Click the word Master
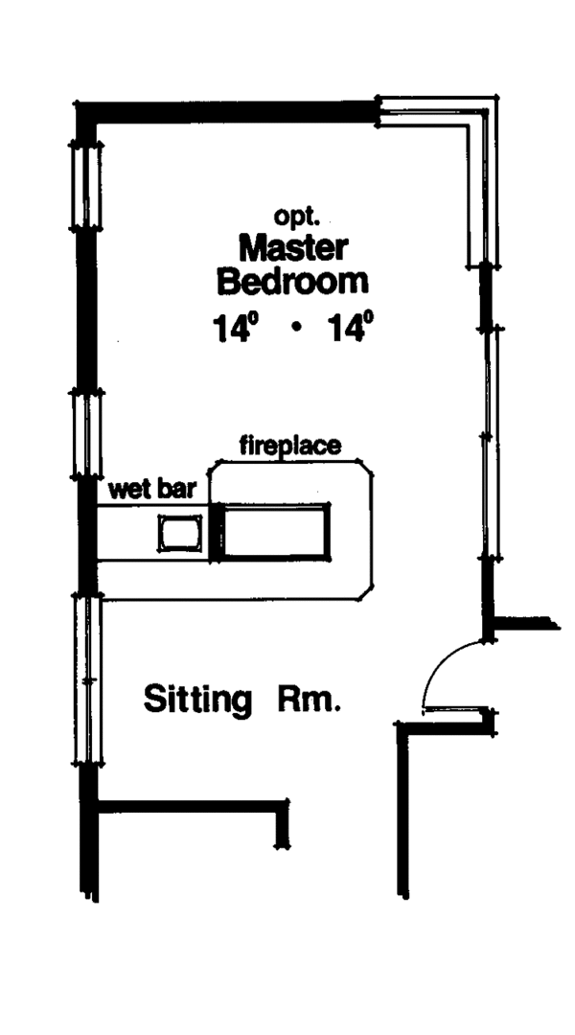point(292,247)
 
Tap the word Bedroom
point(292,282)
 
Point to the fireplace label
point(289,446)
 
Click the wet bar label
point(152,489)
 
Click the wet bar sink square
point(180,533)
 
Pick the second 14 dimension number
point(349,329)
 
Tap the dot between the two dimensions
point(296,331)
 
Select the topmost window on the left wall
point(86,185)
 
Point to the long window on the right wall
point(491,441)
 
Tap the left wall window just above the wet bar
point(87,433)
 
